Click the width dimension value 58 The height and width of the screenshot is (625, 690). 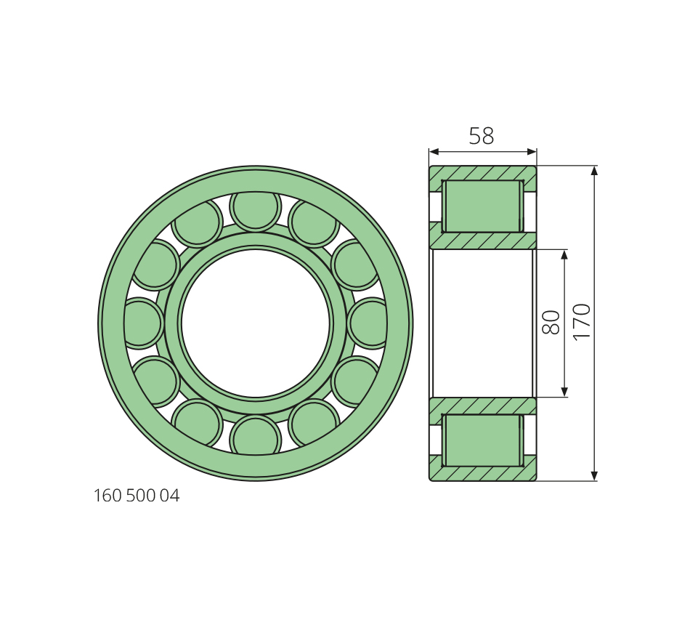pos(482,136)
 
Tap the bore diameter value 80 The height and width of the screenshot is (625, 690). pos(551,323)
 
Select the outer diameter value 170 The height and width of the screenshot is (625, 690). pos(581,321)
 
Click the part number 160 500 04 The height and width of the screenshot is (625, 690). pos(137,496)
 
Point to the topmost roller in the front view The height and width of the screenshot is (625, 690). pos(255,209)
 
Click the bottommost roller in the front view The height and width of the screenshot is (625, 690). pos(255,436)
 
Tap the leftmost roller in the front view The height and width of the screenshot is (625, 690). pos(142,323)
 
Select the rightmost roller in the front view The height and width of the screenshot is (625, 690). pos(368,323)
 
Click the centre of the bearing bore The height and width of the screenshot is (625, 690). pos(255,323)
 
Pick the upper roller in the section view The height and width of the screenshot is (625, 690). pos(483,206)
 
